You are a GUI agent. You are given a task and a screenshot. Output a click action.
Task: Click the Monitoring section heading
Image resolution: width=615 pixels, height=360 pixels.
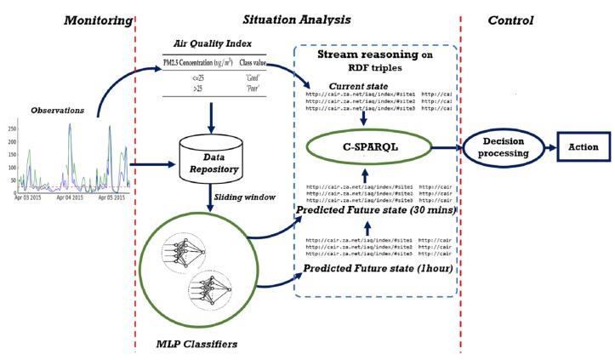99,20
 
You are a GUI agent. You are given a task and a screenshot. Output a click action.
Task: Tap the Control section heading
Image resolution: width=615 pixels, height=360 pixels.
510,20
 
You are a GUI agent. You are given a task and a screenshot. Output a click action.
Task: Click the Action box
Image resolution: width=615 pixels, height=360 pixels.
584,146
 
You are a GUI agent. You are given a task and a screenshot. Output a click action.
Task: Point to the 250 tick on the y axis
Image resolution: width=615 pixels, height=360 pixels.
11,129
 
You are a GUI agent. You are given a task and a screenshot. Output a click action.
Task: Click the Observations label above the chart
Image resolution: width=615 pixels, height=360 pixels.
57,111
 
